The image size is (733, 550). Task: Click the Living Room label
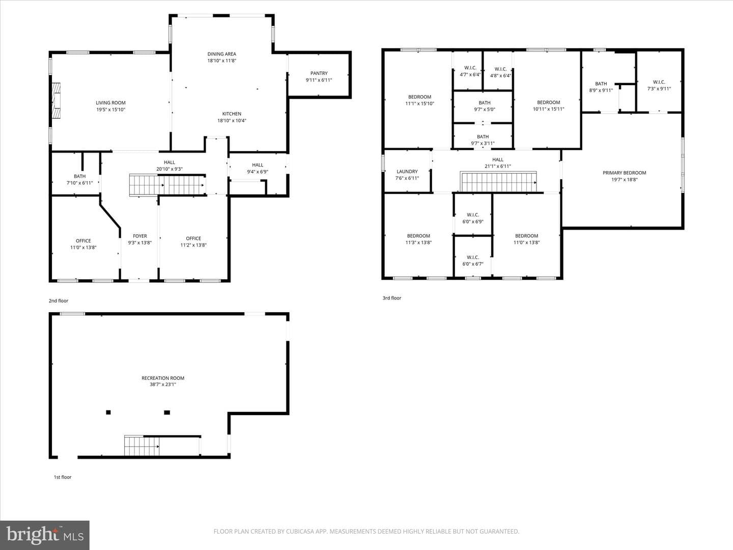pyautogui.click(x=110, y=103)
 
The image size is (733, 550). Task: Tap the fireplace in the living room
pyautogui.click(x=56, y=100)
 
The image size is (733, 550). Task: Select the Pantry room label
pyautogui.click(x=319, y=73)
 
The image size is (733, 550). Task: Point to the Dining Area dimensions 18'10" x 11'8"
pyautogui.click(x=222, y=61)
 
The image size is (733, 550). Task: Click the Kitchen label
pyautogui.click(x=232, y=114)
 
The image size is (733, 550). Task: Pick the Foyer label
pyautogui.click(x=140, y=236)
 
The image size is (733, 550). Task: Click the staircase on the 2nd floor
pyautogui.click(x=167, y=185)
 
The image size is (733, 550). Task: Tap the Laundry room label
pyautogui.click(x=407, y=171)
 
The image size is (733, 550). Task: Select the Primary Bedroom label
pyautogui.click(x=624, y=173)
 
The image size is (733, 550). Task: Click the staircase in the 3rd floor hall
pyautogui.click(x=498, y=182)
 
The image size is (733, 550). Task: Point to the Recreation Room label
pyautogui.click(x=163, y=378)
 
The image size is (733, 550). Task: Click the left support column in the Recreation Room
pyautogui.click(x=108, y=413)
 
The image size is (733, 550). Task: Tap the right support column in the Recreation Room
pyautogui.click(x=167, y=413)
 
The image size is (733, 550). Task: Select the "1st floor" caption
pyautogui.click(x=63, y=477)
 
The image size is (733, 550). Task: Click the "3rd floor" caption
pyautogui.click(x=392, y=298)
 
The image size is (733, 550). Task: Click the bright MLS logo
pyautogui.click(x=45, y=535)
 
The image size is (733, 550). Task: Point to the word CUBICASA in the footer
pyautogui.click(x=300, y=531)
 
